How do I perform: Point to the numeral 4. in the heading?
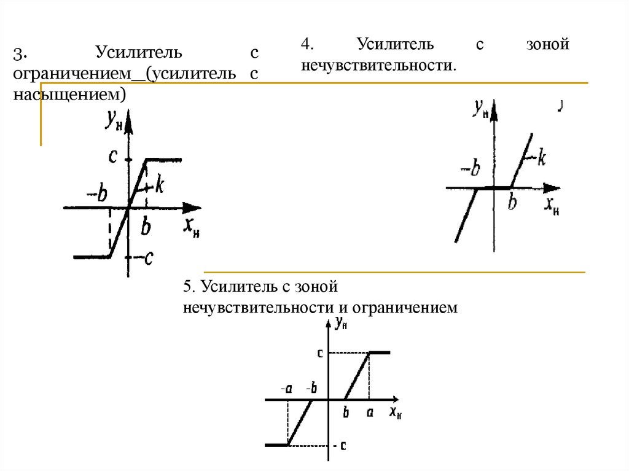point(307,45)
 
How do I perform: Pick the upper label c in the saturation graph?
point(112,157)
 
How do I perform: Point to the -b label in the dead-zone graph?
point(470,168)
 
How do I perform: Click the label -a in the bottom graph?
point(286,388)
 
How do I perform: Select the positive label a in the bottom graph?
point(370,413)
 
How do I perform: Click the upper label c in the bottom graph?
point(320,353)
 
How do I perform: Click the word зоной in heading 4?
point(548,45)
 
